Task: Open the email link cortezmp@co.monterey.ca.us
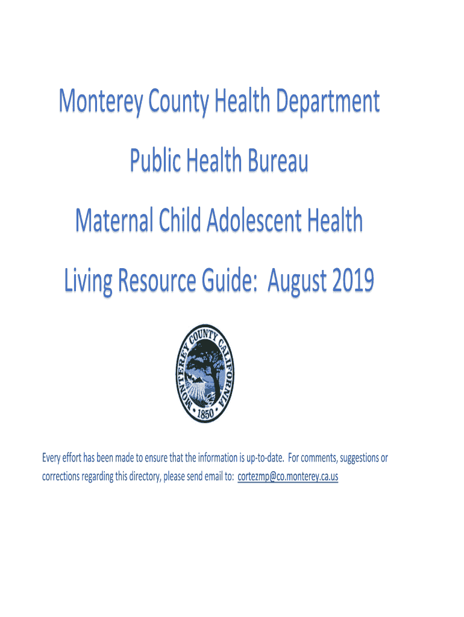[x=288, y=477]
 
